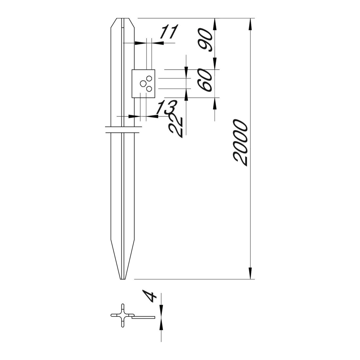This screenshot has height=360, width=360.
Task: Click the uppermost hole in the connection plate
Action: click(x=150, y=79)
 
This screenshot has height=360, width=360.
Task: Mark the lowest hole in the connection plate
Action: click(x=149, y=89)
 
